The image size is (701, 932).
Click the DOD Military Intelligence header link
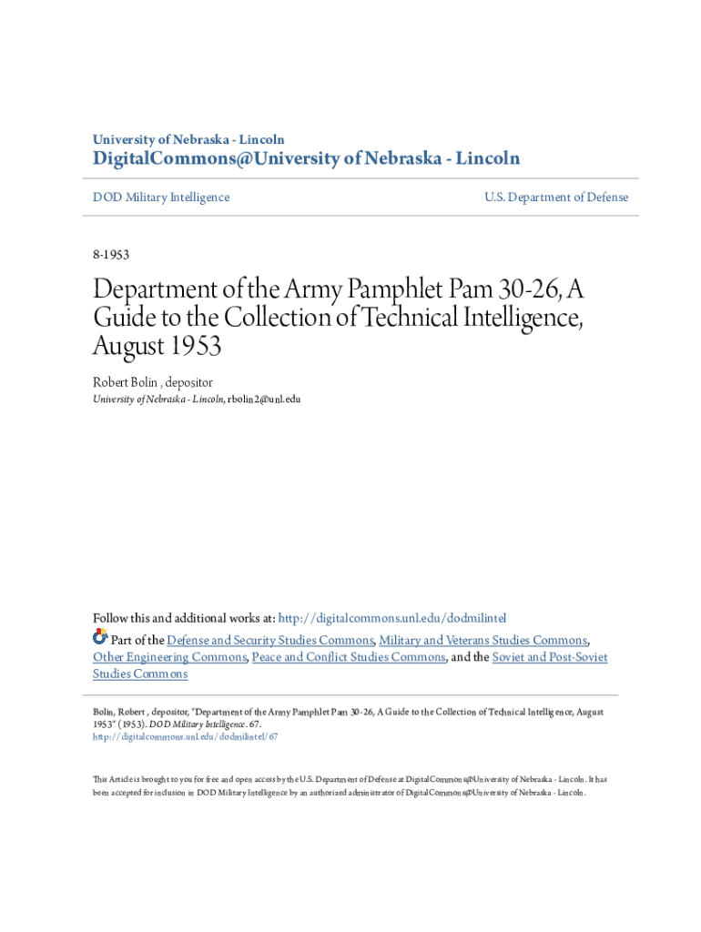pyautogui.click(x=161, y=198)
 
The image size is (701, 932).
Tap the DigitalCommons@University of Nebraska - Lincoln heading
pyautogui.click(x=306, y=159)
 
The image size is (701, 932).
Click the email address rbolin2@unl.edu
pyautogui.click(x=263, y=400)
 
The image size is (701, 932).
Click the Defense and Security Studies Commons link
pyautogui.click(x=269, y=640)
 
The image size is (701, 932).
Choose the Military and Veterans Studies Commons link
pyautogui.click(x=483, y=640)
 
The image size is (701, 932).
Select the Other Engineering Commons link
pyautogui.click(x=169, y=657)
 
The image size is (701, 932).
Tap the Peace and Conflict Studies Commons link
pyautogui.click(x=349, y=657)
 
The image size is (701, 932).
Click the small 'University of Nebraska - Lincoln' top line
pyautogui.click(x=188, y=139)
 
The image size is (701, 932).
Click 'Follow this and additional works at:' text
pyautogui.click(x=183, y=618)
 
